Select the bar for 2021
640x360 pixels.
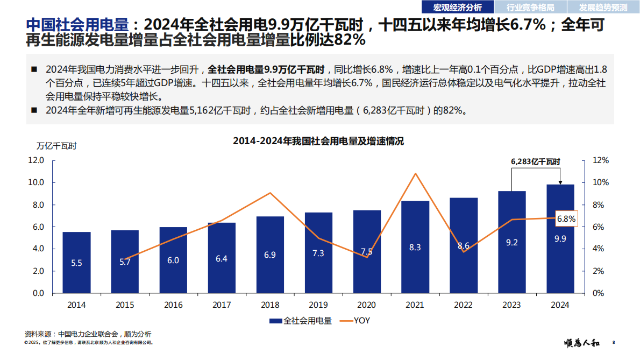(x=415, y=247)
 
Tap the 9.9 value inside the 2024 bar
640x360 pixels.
(x=560, y=239)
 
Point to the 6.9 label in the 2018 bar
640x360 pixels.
(x=270, y=255)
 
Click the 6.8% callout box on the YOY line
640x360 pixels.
(x=566, y=219)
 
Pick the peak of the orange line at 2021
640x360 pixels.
(x=415, y=173)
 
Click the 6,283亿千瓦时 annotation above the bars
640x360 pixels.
(x=535, y=161)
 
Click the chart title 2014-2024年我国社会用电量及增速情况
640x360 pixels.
(x=318, y=142)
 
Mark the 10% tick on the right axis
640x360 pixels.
(x=600, y=182)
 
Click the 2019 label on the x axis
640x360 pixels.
(x=318, y=305)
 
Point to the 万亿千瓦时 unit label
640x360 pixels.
(x=56, y=146)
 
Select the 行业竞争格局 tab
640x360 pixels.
(x=530, y=7)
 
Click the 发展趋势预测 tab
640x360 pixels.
(x=603, y=7)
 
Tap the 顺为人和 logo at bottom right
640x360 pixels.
(x=581, y=343)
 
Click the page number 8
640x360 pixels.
(x=614, y=343)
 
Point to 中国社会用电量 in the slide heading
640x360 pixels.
(x=77, y=25)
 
